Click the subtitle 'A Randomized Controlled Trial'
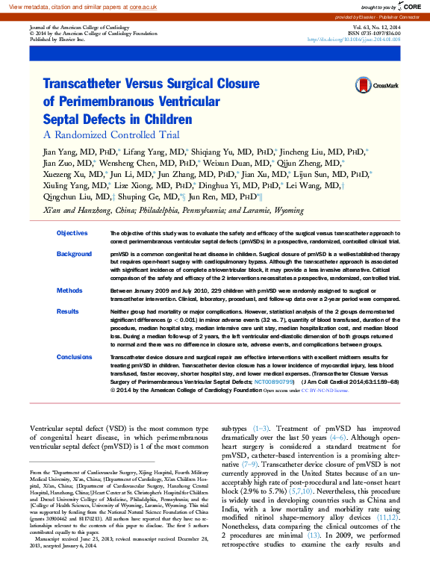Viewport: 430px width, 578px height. [x=111, y=135]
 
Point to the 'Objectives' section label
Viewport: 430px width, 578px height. [x=72, y=234]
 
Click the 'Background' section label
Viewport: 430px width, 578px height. [x=74, y=255]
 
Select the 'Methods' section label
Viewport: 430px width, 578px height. [x=69, y=290]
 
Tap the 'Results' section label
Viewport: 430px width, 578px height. [x=68, y=311]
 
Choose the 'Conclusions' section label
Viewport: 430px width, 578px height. [x=74, y=357]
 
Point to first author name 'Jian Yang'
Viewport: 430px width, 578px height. [x=59, y=152]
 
